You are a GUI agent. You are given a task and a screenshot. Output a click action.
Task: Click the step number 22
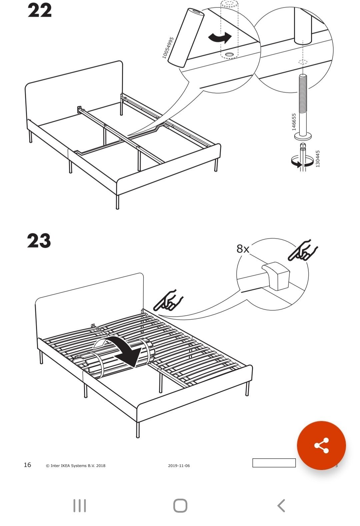click(39, 11)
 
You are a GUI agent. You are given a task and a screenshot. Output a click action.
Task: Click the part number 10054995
click(168, 48)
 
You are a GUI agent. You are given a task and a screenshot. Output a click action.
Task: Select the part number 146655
click(294, 122)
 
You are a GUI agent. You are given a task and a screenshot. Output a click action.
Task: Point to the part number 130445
click(317, 159)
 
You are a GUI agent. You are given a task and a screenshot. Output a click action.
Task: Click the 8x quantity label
click(243, 249)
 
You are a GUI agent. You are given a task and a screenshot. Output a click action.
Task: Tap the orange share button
click(321, 445)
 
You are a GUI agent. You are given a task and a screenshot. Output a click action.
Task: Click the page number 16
click(27, 465)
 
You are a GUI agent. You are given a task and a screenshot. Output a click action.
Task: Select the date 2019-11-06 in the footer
click(179, 465)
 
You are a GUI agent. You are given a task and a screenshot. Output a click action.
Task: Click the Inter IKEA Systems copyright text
click(76, 465)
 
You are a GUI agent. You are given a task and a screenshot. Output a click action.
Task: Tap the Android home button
click(180, 506)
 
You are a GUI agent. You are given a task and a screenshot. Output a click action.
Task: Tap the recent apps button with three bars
click(80, 506)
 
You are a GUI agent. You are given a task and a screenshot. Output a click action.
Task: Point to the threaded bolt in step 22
click(303, 106)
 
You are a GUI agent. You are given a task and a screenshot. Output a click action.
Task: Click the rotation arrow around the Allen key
click(302, 162)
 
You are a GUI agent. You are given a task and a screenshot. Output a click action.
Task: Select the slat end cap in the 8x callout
click(276, 276)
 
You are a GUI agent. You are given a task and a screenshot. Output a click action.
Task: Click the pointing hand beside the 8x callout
click(302, 250)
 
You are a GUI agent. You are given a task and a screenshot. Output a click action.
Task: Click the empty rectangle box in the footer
click(274, 463)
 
